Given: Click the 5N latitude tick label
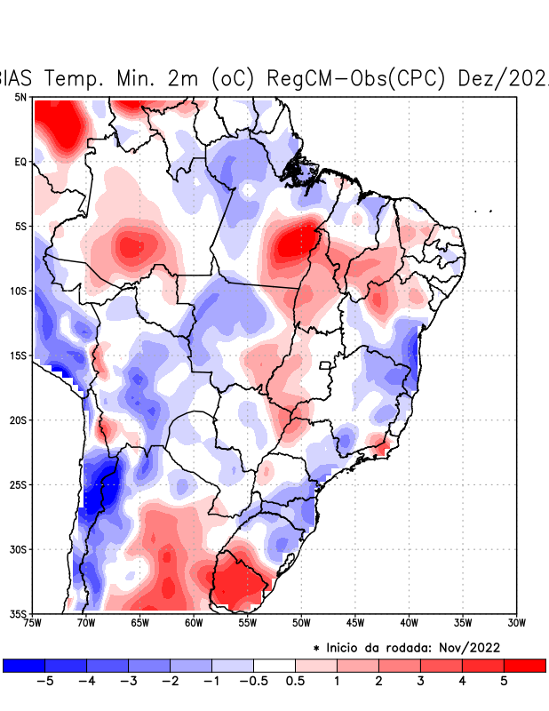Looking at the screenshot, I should (20, 97).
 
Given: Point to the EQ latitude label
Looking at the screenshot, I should (20, 162).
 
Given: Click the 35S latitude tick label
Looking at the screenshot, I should (18, 613).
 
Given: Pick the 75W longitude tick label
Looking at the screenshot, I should (32, 623).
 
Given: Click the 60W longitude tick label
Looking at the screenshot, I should (194, 623).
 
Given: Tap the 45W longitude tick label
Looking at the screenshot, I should (355, 623).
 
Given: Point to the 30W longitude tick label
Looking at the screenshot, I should (517, 623).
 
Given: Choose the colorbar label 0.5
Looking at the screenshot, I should (296, 681).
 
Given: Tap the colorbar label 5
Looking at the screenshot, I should (505, 681).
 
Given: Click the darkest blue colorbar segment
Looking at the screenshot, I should (24, 665).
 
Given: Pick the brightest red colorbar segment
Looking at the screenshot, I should (524, 665).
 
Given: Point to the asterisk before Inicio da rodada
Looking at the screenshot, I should (316, 648).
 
